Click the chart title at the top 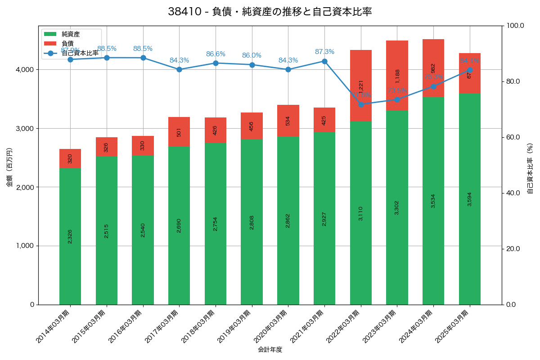pos(270,12)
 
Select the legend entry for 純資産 pos(71,34)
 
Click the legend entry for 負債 pos(67,43)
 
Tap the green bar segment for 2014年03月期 pos(70,236)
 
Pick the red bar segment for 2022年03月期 pos(361,85)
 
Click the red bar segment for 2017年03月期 pos(179,132)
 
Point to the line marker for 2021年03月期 pos(324,61)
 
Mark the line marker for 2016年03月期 pos(143,58)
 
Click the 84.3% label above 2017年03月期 pos(179,60)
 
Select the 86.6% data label pos(216,54)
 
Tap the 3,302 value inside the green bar pos(397,207)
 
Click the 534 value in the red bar pos(288,121)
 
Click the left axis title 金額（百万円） pos(9,167)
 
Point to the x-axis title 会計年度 pos(270,350)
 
